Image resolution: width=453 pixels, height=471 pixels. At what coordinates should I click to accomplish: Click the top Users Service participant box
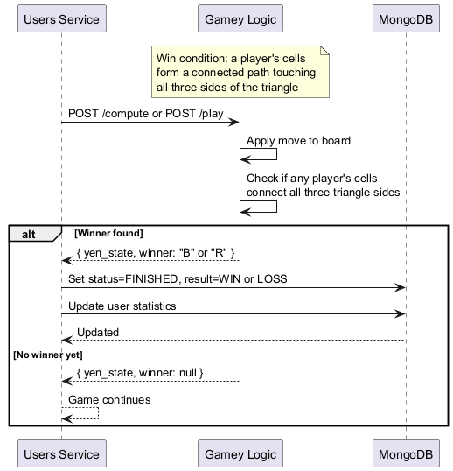coord(61,18)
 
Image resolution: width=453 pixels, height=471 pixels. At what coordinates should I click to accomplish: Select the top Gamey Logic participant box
coord(240,18)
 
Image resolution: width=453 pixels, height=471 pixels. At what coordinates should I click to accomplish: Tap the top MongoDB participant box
coord(407,18)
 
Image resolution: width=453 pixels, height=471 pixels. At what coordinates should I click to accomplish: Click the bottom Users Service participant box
coord(61,453)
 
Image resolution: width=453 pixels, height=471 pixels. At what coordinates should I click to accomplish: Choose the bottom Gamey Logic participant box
coord(240,453)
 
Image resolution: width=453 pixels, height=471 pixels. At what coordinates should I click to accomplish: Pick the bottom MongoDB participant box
coord(407,453)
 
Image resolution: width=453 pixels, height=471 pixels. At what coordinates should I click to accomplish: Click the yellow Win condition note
coord(241,73)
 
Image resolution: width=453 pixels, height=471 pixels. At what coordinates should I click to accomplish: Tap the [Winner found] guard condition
coord(108,233)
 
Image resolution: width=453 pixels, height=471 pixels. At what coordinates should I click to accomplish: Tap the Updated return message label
coord(98,332)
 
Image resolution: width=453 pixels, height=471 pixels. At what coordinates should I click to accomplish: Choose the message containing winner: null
coord(140,373)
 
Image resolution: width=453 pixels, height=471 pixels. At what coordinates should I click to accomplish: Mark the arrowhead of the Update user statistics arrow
coord(401,313)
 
